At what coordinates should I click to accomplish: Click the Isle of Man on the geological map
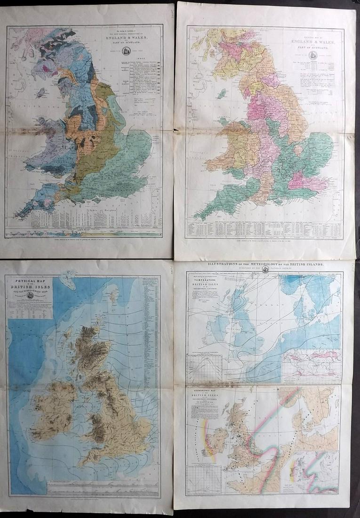click(x=41, y=92)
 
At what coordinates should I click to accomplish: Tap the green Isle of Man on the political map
click(x=219, y=94)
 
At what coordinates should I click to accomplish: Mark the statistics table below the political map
click(x=264, y=230)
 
